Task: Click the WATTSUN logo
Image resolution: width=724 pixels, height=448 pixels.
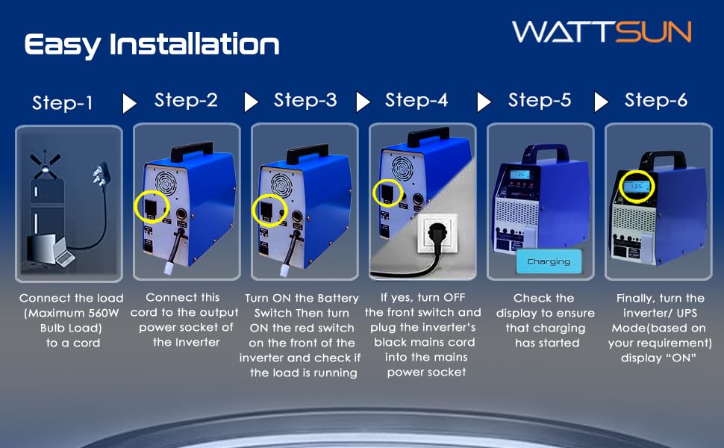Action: pos(602,32)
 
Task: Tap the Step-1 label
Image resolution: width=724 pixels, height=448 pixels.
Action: pos(63,102)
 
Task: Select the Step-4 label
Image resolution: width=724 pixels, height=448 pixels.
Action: pos(416,100)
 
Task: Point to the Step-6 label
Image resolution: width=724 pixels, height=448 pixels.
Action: pos(656,100)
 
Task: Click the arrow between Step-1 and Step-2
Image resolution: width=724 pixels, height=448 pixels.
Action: pos(129,103)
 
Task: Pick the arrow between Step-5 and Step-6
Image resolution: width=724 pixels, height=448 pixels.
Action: pos(601,102)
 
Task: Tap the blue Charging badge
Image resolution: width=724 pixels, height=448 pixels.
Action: pos(549,261)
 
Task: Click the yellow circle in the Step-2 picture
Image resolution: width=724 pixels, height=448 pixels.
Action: pos(152,208)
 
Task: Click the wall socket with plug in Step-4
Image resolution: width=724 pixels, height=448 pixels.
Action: pos(437,234)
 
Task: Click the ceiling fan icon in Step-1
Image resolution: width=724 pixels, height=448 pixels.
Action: pos(46,165)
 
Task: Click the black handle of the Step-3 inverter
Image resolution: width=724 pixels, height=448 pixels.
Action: pos(308,153)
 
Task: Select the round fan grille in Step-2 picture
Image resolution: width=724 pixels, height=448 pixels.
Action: pos(166,184)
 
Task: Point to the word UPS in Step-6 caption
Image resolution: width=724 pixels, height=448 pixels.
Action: pos(686,313)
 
